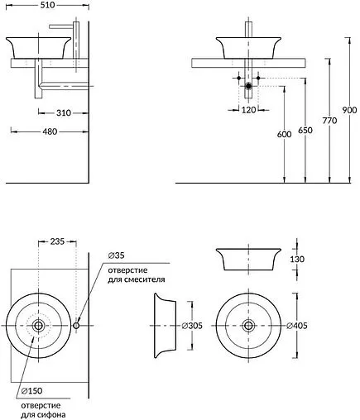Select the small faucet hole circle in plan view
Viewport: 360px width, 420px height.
(x=77, y=325)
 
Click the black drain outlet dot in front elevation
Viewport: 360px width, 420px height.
(x=248, y=85)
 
